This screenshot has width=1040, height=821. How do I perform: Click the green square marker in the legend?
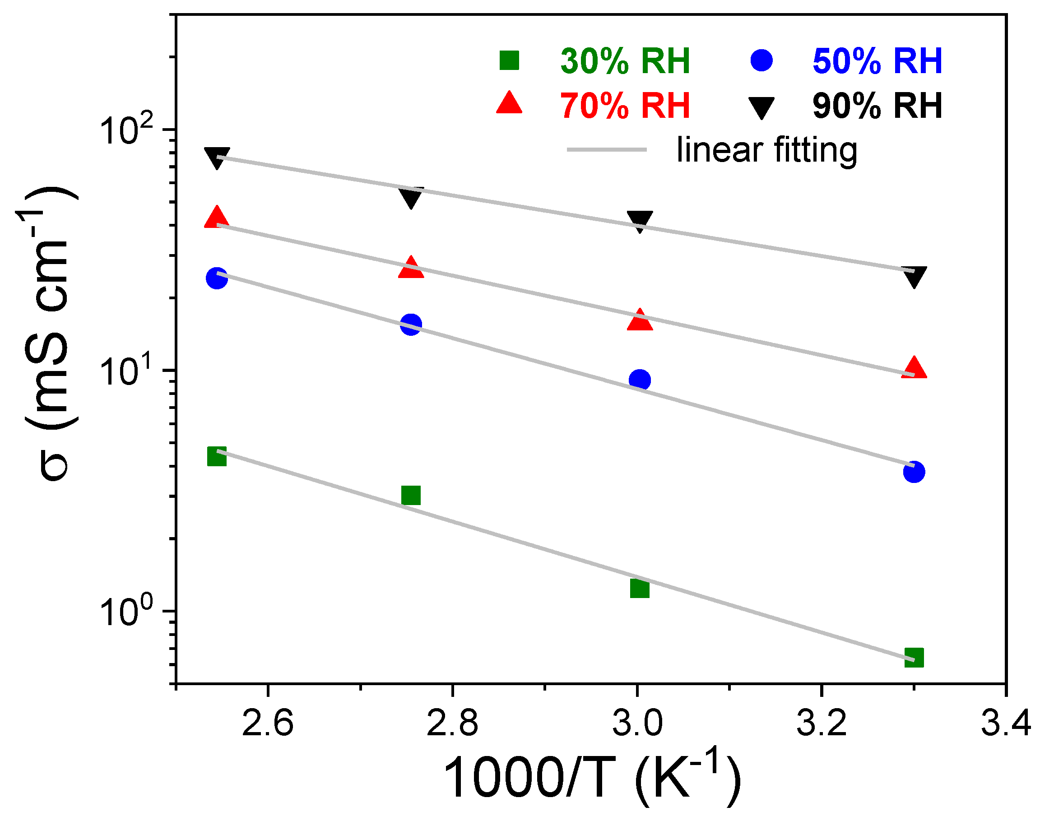(x=510, y=60)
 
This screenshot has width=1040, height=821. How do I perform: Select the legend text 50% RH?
(x=877, y=61)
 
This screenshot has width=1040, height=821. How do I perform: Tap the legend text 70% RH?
(x=625, y=106)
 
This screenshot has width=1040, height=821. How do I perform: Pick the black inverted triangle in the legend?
(x=762, y=107)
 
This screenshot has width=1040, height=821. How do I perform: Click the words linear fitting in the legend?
(x=766, y=150)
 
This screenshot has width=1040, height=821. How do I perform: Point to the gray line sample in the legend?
(x=607, y=149)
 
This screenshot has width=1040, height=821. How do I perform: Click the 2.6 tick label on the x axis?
(x=268, y=723)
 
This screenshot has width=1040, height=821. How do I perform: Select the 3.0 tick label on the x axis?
(x=637, y=723)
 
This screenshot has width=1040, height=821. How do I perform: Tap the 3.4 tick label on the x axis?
(x=1005, y=723)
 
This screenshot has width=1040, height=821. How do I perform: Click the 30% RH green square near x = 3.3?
(x=914, y=658)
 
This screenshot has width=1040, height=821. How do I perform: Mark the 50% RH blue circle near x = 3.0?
(x=640, y=380)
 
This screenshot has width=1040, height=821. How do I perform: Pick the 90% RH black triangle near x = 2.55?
(x=217, y=157)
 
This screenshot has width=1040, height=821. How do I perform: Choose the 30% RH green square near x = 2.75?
(x=411, y=495)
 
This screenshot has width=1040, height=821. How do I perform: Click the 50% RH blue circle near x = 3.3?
(x=914, y=472)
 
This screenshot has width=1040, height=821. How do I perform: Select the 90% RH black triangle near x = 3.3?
(x=914, y=276)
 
